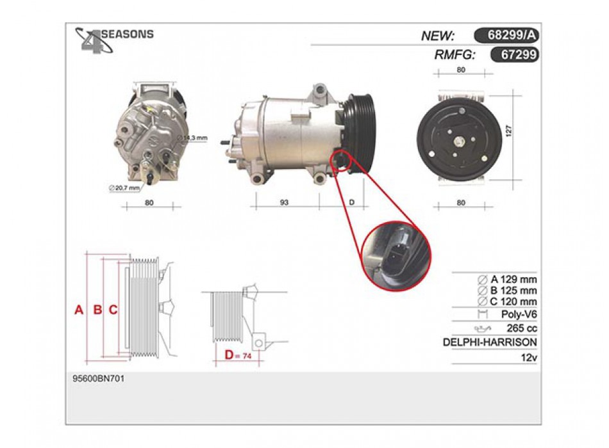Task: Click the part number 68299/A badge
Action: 506,35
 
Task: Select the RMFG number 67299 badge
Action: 515,54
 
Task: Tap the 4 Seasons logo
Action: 114,40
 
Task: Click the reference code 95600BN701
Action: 99,378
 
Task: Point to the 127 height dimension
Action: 509,131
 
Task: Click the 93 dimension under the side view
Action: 284,202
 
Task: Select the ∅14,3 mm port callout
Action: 192,138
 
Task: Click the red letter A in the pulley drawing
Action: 79,310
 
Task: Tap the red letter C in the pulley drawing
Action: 113,310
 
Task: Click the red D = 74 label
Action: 238,355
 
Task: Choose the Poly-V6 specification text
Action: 519,314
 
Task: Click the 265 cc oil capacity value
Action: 522,328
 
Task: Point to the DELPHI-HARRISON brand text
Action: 490,342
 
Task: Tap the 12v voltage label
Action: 529,357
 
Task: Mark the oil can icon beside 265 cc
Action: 482,329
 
